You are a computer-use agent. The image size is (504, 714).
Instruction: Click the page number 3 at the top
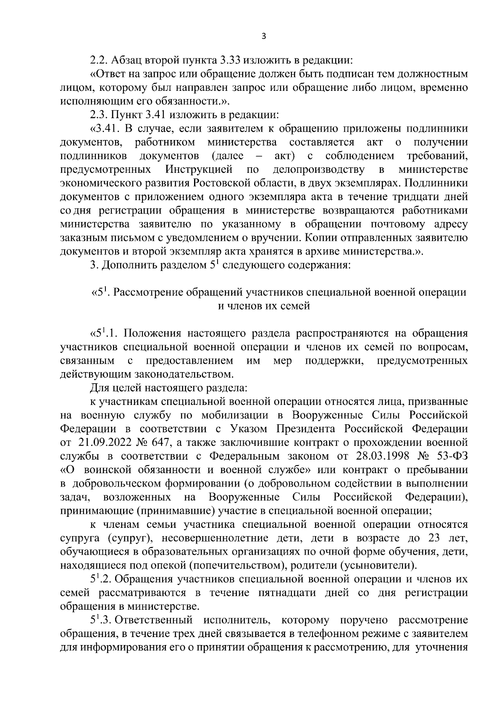263,36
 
